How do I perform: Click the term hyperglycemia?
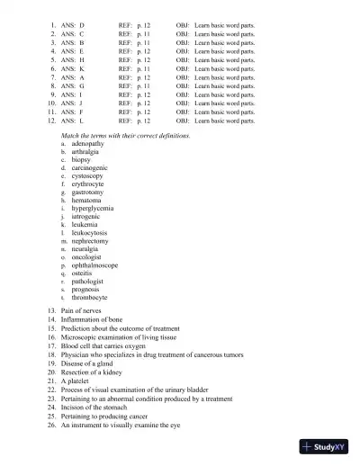tap(93, 208)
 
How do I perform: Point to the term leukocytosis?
tap(90, 232)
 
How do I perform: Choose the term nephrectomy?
tap(90, 241)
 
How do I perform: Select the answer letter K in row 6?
tap(82, 68)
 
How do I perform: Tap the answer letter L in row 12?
tap(82, 121)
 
